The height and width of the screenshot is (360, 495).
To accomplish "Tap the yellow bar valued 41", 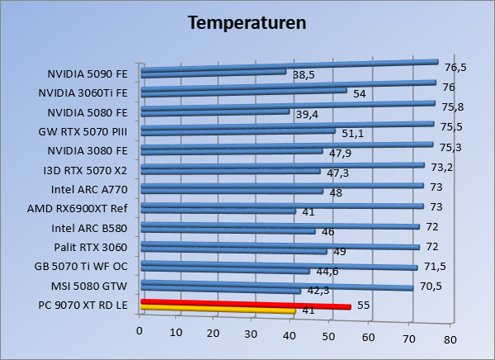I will [219, 311].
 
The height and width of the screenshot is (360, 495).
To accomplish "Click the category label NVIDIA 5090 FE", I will [87, 73].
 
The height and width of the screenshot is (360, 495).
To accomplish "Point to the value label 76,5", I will [455, 68].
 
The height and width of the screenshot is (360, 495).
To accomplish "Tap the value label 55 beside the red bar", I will [363, 306].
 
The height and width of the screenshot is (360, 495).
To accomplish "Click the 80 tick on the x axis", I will [450, 339].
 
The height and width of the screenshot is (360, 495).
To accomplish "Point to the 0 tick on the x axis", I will [140, 330].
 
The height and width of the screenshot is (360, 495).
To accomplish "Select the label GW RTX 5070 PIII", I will [83, 130].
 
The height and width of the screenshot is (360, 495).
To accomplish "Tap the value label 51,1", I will [353, 132].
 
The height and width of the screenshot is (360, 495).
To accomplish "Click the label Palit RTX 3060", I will [91, 247].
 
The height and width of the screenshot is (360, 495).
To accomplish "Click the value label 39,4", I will [307, 114].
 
